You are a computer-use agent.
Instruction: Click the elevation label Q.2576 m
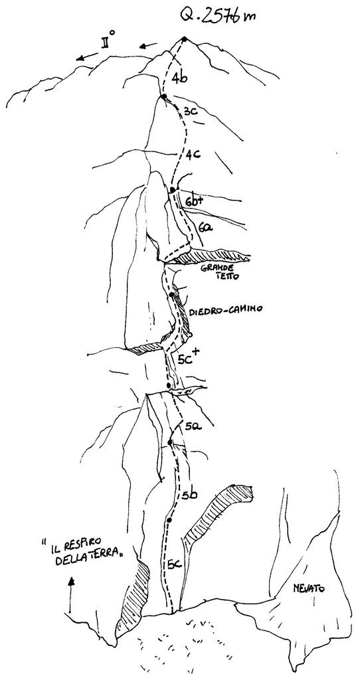pyautogui.click(x=218, y=16)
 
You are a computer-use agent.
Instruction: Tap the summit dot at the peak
pyautogui.click(x=185, y=39)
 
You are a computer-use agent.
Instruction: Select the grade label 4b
pyautogui.click(x=179, y=78)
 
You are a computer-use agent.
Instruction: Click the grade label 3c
pyautogui.click(x=191, y=112)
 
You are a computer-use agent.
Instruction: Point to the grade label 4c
pyautogui.click(x=193, y=154)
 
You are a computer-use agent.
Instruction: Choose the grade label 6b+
pyautogui.click(x=195, y=202)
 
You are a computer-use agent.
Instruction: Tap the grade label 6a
pyautogui.click(x=205, y=226)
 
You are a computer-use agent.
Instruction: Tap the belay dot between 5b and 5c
pyautogui.click(x=169, y=519)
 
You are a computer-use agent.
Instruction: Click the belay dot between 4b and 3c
pyautogui.click(x=164, y=96)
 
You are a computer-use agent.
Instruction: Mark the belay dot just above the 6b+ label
pyautogui.click(x=173, y=191)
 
